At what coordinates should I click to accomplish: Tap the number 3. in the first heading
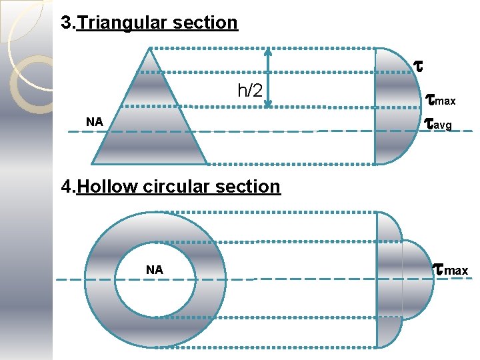click(x=68, y=23)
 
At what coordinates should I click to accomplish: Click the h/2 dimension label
click(x=249, y=91)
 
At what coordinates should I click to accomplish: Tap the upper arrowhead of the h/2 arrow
click(x=268, y=51)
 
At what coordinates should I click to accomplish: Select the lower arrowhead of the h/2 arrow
click(x=268, y=103)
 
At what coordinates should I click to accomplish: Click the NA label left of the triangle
click(x=95, y=122)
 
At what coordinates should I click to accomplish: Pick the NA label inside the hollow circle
click(x=155, y=270)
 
